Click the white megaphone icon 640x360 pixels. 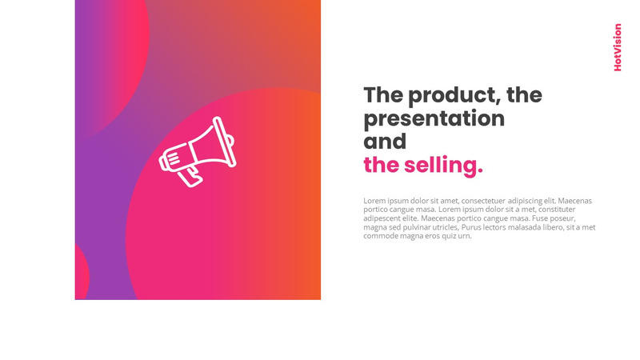[198, 152]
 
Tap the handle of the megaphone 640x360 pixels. [190, 176]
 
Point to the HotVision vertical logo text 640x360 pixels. [618, 47]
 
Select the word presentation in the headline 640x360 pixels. [434, 119]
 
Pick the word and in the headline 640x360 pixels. [385, 142]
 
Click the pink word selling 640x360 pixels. [443, 166]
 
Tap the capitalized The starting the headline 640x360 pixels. [383, 94]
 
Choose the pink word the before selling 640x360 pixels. [382, 166]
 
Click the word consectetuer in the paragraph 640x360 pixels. [483, 201]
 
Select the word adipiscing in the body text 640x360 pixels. [525, 201]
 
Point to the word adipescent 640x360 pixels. [382, 218]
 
